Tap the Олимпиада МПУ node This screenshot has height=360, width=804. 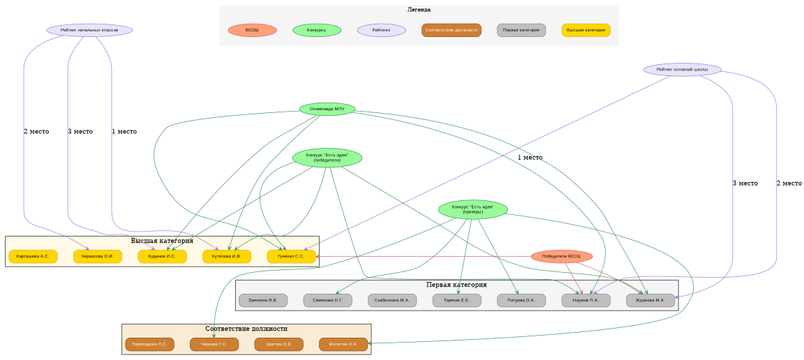coord(327,109)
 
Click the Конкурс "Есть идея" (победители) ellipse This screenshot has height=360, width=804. coord(327,158)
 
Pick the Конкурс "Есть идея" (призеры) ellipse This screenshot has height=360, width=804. coord(472,209)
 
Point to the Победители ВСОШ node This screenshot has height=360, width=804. coord(562,257)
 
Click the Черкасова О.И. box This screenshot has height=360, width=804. coord(98,257)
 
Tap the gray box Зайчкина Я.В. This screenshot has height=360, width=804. coord(263,301)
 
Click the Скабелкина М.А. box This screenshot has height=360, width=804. coord(392,301)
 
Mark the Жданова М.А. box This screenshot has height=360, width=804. coord(650,301)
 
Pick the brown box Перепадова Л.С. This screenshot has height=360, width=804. coord(149,345)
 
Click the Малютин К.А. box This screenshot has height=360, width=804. coord(343,345)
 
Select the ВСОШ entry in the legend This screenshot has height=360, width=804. coord(252,30)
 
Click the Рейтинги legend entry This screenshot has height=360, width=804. coord(381,30)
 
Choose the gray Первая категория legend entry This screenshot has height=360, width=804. coord(521,30)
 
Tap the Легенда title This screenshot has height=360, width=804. coord(419,10)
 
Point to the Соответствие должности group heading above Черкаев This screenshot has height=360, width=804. coord(246,329)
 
